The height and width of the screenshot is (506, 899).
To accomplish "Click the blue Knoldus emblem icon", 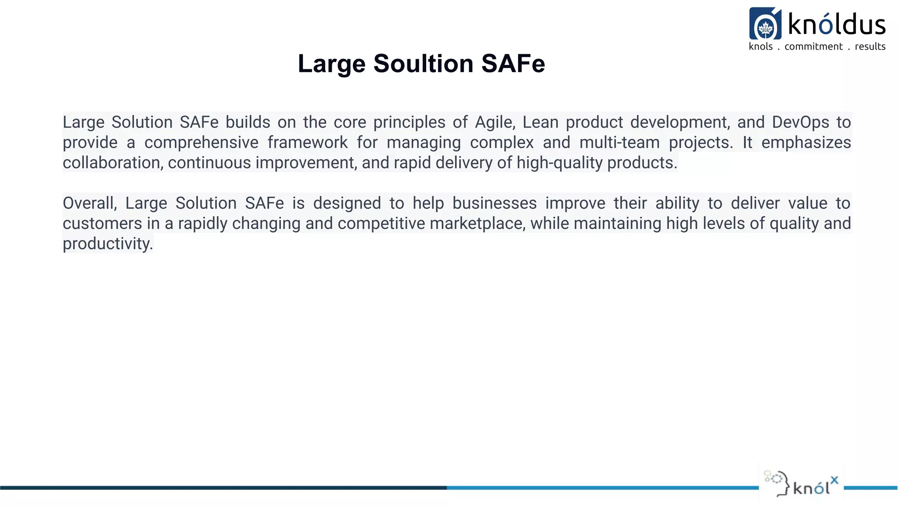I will coord(765,24).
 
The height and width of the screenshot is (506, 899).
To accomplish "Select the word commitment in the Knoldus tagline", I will coord(813,47).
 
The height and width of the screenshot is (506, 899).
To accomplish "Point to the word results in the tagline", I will coord(870,47).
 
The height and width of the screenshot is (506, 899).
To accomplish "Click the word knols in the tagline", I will coord(760,47).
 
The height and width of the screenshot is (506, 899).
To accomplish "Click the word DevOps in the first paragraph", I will coord(800,122).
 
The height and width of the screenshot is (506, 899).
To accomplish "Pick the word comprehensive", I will coord(201,143).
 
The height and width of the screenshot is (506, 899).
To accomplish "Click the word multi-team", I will coord(619,143).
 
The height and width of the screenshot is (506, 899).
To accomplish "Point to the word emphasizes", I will coord(806,143).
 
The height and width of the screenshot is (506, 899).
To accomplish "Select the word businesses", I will coord(494,203).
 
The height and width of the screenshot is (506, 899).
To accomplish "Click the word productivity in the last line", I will coord(108,244).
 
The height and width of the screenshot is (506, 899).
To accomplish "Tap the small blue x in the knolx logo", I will coord(834,480).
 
